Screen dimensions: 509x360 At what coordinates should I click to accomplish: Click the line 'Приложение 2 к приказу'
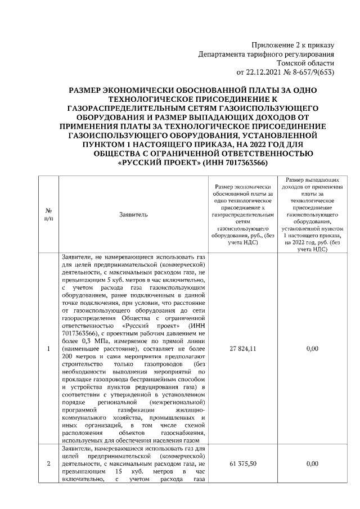[292, 45]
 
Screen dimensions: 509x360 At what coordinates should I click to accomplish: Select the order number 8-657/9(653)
[313, 73]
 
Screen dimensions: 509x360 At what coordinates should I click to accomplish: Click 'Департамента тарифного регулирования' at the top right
[267, 55]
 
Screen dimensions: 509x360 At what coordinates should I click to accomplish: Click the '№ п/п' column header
[48, 214]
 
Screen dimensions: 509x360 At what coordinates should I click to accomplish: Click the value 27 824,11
[243, 349]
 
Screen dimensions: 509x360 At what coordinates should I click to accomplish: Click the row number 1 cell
[48, 349]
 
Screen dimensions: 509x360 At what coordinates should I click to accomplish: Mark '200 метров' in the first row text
[78, 357]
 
